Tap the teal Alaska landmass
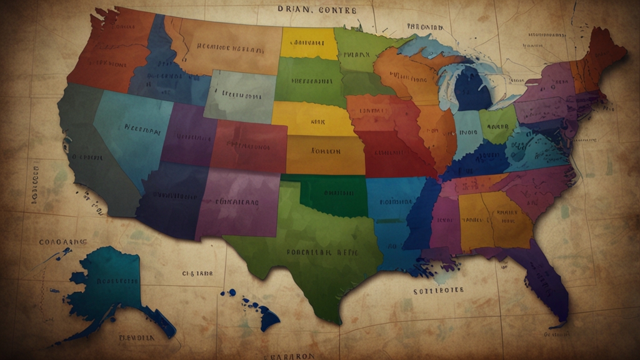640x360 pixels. click(x=106, y=284)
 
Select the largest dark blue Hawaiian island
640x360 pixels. click(x=268, y=318)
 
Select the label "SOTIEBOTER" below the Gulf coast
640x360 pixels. click(x=438, y=291)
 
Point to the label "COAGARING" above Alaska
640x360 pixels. click(x=63, y=242)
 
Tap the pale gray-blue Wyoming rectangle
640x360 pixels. click(x=241, y=96)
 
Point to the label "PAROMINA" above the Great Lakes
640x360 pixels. click(x=426, y=27)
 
